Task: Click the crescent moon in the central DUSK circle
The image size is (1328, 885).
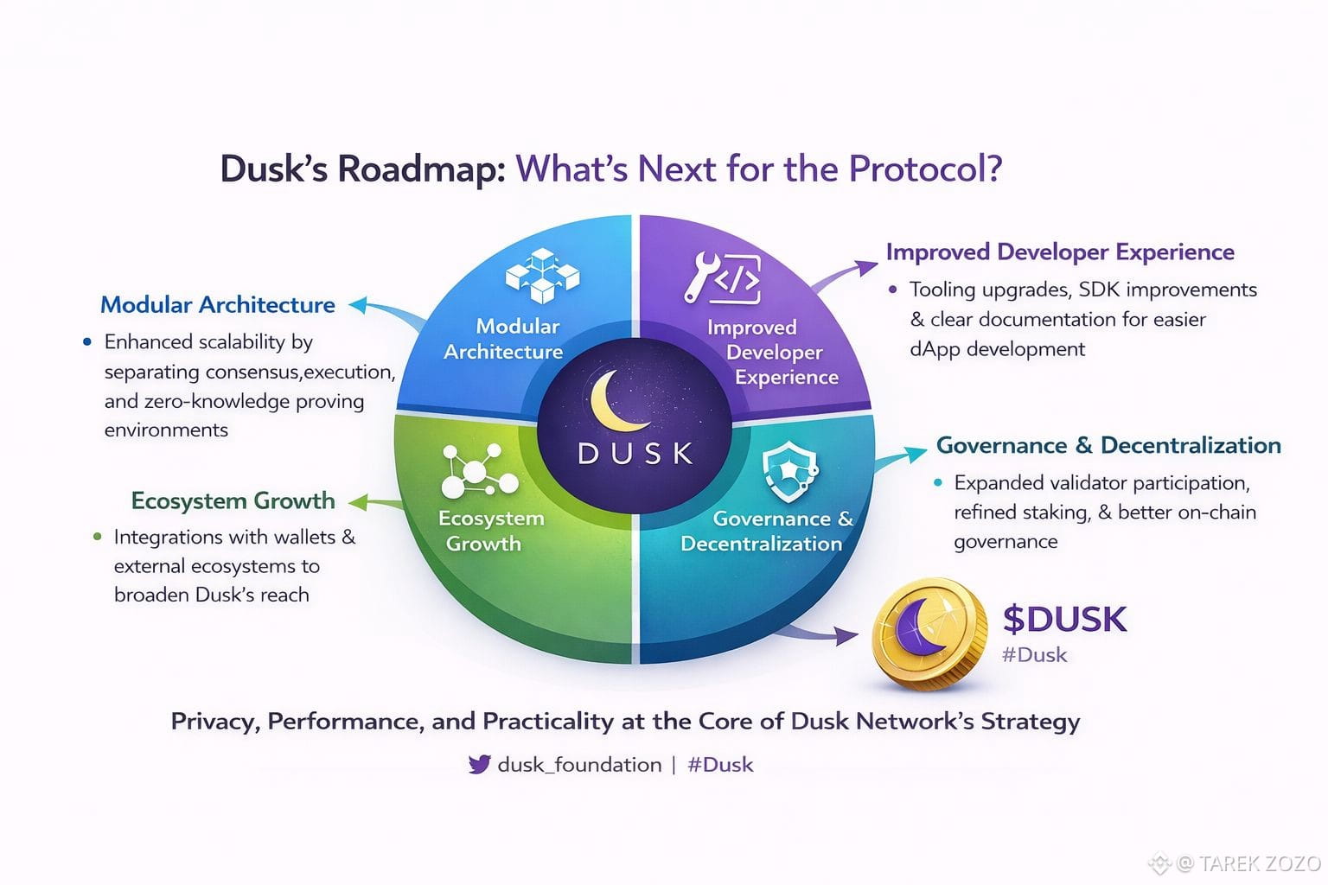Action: click(616, 401)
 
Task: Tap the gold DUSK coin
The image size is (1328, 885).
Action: click(929, 634)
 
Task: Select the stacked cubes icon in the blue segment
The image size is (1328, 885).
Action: click(542, 276)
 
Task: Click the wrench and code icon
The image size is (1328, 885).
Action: click(723, 277)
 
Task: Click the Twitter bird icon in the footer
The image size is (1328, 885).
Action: click(479, 764)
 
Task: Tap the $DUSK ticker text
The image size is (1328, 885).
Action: click(1064, 620)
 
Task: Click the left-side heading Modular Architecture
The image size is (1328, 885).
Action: click(218, 305)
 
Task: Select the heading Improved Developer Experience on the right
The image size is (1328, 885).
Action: click(1060, 252)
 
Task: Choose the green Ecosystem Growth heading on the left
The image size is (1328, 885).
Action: click(233, 500)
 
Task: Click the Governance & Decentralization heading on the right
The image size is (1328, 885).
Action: click(1108, 445)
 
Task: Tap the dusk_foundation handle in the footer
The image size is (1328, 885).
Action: click(579, 765)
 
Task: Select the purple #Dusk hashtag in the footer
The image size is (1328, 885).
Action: click(720, 765)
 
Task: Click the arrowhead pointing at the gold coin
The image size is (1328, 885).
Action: click(846, 637)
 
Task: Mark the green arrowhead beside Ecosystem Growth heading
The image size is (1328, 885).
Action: click(356, 501)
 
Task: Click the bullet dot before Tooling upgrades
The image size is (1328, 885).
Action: click(893, 290)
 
